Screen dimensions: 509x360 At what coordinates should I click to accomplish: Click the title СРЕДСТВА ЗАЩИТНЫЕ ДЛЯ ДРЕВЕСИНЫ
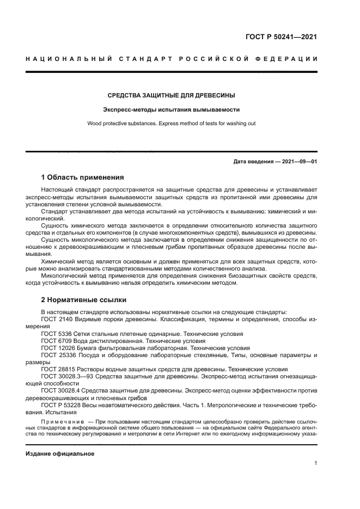(172, 95)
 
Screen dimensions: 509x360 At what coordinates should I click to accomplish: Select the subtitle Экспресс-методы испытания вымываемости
(172, 109)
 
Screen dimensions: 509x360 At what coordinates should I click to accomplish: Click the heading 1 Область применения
(83, 177)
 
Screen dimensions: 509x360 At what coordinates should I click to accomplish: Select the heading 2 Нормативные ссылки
(83, 299)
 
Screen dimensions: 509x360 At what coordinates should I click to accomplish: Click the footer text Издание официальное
(60, 453)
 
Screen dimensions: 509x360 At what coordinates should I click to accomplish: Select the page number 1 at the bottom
(316, 463)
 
